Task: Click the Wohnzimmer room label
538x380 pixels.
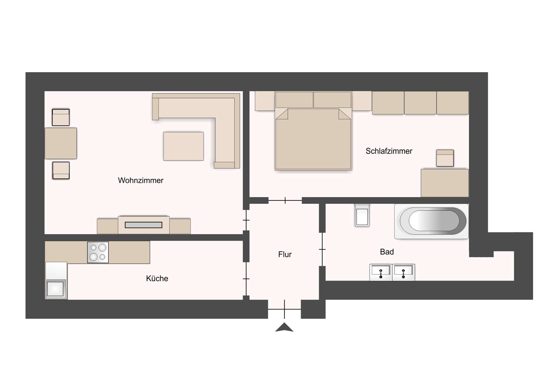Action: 140,180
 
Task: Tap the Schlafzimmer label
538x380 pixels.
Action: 389,151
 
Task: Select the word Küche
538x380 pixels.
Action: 157,278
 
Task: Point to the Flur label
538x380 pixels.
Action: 285,254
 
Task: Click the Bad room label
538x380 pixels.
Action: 387,252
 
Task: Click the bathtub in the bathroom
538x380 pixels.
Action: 431,221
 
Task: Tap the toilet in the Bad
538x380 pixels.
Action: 362,216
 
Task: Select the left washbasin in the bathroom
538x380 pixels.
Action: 381,272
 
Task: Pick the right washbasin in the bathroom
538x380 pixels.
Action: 403,272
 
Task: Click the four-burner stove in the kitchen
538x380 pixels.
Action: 98,252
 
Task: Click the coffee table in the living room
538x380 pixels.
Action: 183,146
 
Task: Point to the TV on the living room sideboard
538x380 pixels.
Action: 143,225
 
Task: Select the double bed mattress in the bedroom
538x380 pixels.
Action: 313,140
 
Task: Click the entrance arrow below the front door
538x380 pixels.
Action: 284,327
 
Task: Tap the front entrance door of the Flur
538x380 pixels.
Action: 284,309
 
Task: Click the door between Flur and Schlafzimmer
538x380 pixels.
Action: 285,201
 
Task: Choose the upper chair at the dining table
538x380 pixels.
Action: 61,117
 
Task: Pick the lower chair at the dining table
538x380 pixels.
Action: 61,170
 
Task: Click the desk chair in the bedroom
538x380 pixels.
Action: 445,158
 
